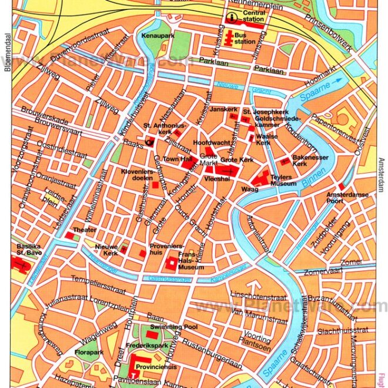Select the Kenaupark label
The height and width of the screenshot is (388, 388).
point(155,36)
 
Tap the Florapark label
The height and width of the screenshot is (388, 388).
point(89,352)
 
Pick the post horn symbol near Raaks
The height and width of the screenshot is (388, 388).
point(149,141)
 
